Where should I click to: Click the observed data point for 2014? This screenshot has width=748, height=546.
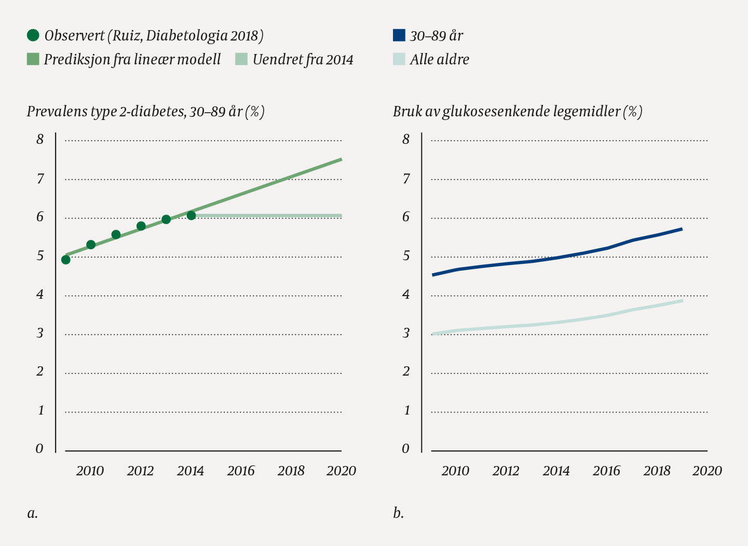191,216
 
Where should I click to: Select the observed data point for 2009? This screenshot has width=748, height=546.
66,260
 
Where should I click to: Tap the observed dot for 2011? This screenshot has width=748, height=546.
116,234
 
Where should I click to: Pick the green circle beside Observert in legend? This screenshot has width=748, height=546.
33,35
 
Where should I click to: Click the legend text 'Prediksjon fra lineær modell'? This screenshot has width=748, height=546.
132,59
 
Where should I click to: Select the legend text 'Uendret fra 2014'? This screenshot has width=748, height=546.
303,60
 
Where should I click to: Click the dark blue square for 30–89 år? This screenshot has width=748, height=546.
399,35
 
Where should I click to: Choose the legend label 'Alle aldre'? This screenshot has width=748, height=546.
439,60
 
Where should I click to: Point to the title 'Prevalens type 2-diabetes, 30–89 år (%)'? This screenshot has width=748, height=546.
146,112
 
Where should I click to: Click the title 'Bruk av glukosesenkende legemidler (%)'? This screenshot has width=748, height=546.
518,112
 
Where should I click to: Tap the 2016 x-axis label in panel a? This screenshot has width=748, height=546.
241,471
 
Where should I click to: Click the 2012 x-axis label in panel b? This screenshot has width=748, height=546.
506,471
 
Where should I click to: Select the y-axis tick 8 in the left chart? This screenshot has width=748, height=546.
40,139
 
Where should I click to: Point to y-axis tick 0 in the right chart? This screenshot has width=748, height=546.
405,449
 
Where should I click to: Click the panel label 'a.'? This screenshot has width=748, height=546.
32,513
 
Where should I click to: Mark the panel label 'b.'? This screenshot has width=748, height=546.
398,513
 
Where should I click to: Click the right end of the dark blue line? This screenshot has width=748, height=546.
682,229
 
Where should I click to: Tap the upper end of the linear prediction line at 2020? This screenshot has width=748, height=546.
341,159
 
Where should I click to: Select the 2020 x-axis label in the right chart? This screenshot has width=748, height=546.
707,471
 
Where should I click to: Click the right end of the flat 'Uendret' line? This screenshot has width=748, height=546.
341,215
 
